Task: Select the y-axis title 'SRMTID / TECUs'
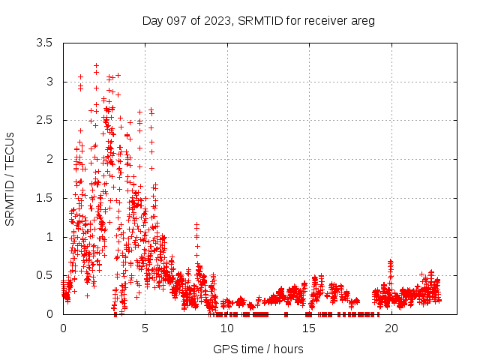pos(10,178)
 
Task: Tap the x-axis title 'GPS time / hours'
pos(258,349)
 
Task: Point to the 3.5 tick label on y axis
pos(44,43)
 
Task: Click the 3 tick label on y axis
pos(49,81)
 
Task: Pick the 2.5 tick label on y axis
pos(44,120)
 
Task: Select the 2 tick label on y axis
pos(49,159)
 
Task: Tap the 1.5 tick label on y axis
pos(44,198)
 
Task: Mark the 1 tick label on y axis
pos(49,237)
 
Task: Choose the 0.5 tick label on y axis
pos(44,275)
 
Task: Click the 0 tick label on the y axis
pos(49,314)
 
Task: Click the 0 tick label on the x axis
pos(63,328)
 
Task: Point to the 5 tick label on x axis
pos(145,328)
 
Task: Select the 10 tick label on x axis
pos(227,328)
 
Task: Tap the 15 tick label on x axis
pos(309,328)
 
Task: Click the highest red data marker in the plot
pos(96,66)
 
